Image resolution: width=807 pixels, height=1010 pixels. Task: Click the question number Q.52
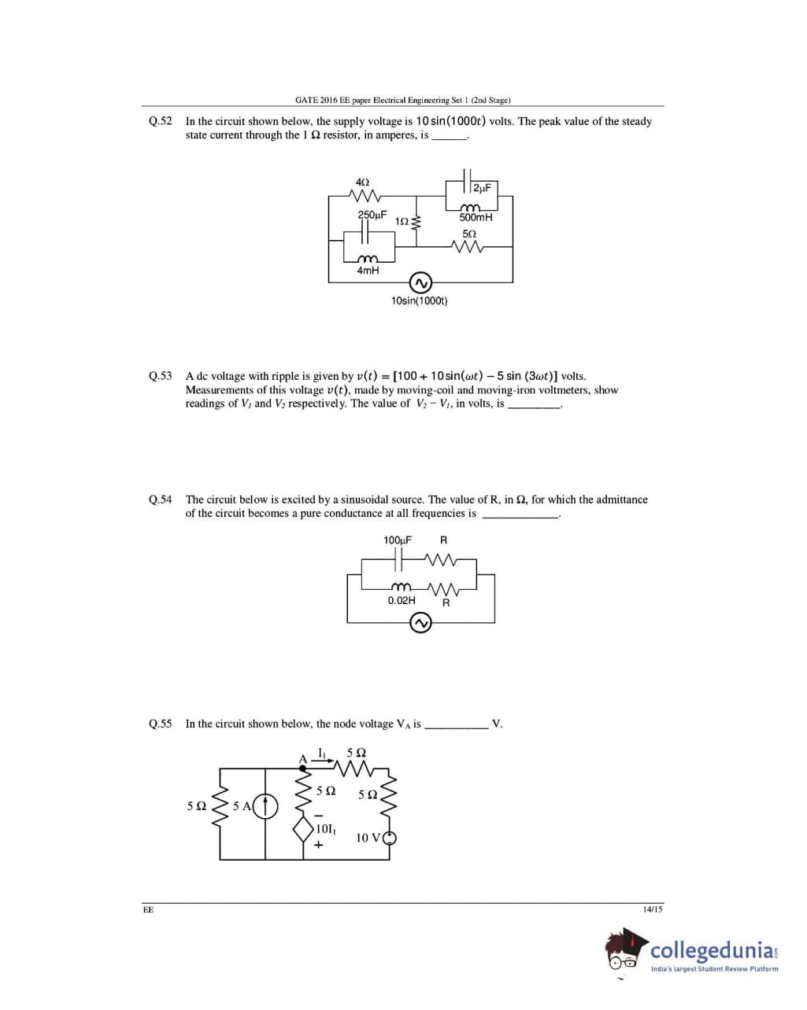coord(160,121)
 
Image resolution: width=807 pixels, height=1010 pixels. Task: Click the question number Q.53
coord(160,376)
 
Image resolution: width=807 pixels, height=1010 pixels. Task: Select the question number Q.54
coord(160,499)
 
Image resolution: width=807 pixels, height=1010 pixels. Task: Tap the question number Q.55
coord(160,724)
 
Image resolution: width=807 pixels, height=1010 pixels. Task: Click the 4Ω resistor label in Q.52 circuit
coord(363,182)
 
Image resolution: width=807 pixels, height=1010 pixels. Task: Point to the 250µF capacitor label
coord(372,215)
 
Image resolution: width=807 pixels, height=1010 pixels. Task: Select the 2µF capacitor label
coord(483,188)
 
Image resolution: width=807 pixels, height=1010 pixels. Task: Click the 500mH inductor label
coord(476,218)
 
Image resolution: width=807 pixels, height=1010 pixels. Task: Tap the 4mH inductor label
coord(368,271)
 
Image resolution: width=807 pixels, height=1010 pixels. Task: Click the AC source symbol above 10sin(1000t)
coord(420,282)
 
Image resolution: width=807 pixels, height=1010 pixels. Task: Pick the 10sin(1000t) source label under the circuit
coord(419,300)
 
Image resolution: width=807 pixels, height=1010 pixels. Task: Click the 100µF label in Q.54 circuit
coord(398,540)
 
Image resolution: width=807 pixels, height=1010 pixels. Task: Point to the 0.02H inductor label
coord(402,600)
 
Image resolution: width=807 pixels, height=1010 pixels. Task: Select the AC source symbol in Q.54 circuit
coord(421,623)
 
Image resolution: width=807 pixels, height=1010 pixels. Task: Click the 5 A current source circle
coord(265,806)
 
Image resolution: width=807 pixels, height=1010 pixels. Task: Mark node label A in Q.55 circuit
coord(302,759)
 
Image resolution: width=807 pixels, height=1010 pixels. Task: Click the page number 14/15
coord(653,909)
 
